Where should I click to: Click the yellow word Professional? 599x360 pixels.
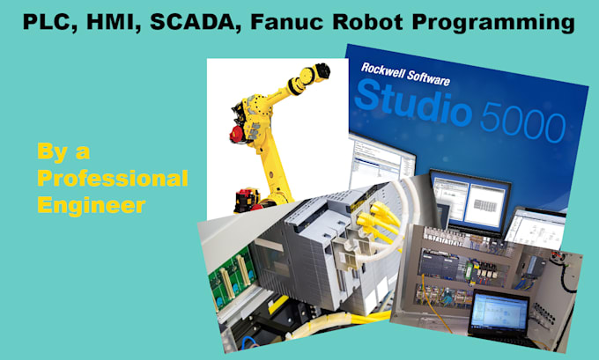click(x=112, y=180)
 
